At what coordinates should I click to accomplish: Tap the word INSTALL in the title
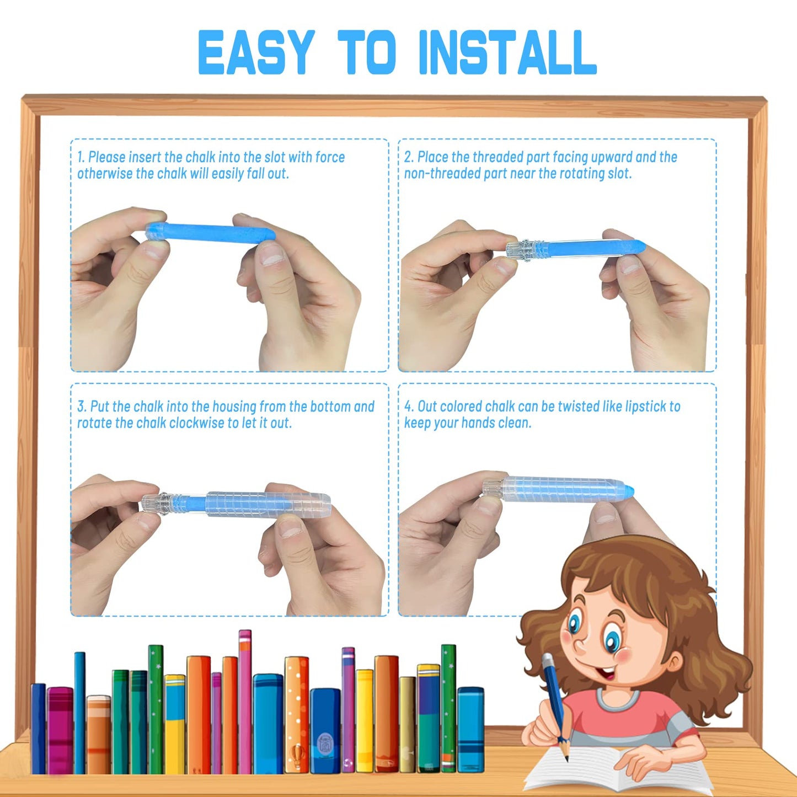click(x=507, y=53)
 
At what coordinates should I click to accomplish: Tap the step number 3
click(x=82, y=407)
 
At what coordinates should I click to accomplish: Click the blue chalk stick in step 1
click(x=211, y=232)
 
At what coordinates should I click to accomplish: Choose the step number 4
click(x=409, y=407)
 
